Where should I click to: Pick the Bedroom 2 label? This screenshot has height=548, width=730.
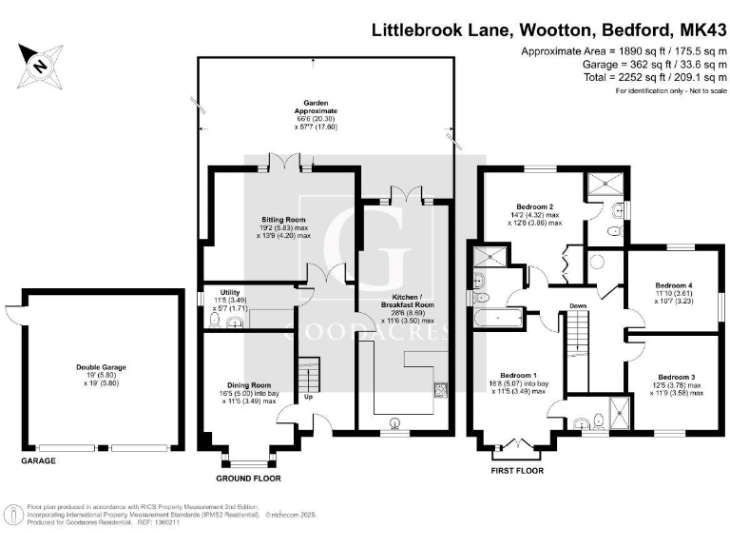coord(535,206)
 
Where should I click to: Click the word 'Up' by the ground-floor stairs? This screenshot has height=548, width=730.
coord(307,397)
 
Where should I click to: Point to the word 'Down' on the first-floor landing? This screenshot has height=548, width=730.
coord(578,305)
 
